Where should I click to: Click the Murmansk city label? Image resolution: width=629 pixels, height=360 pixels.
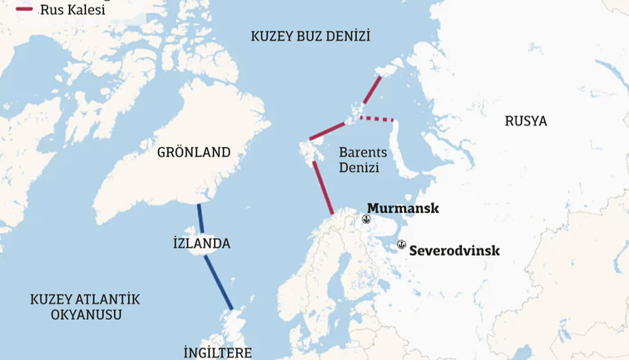(403, 208)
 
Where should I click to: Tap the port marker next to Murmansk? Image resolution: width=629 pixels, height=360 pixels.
(365, 219)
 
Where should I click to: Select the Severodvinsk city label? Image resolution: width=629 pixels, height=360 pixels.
(455, 249)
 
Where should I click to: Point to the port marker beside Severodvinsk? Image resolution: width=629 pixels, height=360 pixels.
(401, 244)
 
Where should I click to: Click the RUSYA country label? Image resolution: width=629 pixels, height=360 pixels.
(526, 121)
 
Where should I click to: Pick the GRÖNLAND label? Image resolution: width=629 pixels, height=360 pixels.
(194, 152)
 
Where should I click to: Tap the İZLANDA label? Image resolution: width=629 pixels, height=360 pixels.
(201, 244)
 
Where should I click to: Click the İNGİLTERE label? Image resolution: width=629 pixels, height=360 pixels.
(217, 352)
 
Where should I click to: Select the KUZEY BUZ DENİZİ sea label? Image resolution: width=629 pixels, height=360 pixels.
(310, 36)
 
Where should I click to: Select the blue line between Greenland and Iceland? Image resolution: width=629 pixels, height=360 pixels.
(200, 219)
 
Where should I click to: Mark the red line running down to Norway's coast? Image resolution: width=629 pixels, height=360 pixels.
(323, 188)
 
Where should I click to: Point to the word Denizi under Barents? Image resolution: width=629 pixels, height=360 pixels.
(359, 168)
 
